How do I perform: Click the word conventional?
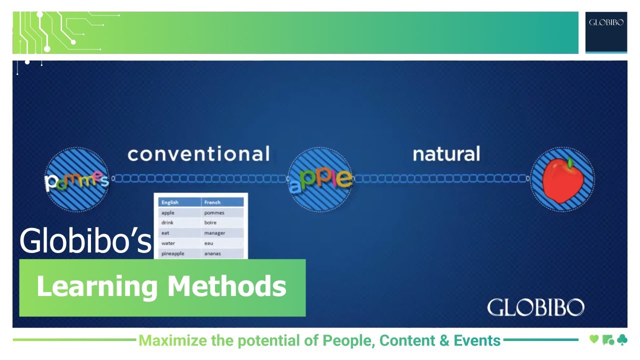point(198,153)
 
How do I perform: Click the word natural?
point(446,153)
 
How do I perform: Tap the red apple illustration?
point(562,179)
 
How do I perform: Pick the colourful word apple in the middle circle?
point(320,179)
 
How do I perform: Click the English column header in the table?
point(170,202)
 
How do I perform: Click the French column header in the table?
point(212,202)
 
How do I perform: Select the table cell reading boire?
point(210,222)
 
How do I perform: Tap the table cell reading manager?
point(214,233)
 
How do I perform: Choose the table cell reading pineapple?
point(173,253)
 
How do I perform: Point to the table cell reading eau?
point(208,243)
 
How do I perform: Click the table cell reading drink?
point(167,222)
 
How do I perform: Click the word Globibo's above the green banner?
point(85,240)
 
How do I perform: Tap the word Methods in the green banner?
point(226,286)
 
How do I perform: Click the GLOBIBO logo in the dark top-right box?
point(606,22)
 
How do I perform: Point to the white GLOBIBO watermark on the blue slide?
point(535,307)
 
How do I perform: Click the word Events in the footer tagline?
point(477,341)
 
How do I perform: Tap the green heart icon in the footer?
point(594,340)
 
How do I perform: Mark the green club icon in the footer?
point(621,340)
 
